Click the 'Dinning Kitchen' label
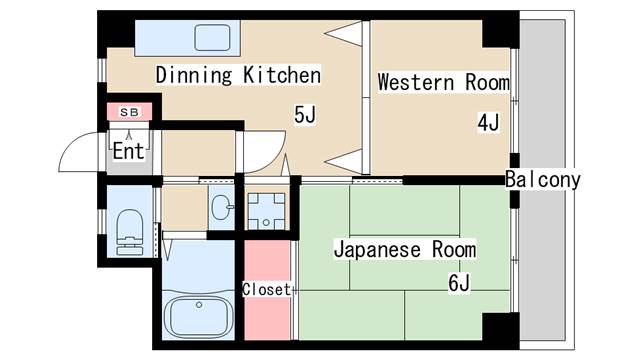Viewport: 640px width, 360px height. coord(238,75)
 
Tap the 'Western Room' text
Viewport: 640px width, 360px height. coord(444,82)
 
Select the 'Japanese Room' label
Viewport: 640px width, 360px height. coord(405,249)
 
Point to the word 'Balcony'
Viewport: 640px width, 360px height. coord(542,180)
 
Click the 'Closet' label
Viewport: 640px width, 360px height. coord(267,289)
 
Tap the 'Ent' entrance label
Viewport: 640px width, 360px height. coord(129,151)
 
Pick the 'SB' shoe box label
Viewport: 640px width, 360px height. coord(129,112)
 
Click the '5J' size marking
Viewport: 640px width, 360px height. coord(305,114)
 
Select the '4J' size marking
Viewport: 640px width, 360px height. coord(488,122)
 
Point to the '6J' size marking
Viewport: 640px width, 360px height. coord(459,282)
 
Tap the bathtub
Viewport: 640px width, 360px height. coord(198,316)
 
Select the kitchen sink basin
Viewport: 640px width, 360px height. coord(212,38)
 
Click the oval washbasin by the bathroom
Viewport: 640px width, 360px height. coord(222,207)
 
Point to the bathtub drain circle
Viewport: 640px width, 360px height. coord(199,305)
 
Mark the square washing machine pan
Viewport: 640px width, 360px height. coord(266,211)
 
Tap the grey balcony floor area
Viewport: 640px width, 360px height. coord(542,180)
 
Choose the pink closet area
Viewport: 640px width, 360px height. coord(267,290)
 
